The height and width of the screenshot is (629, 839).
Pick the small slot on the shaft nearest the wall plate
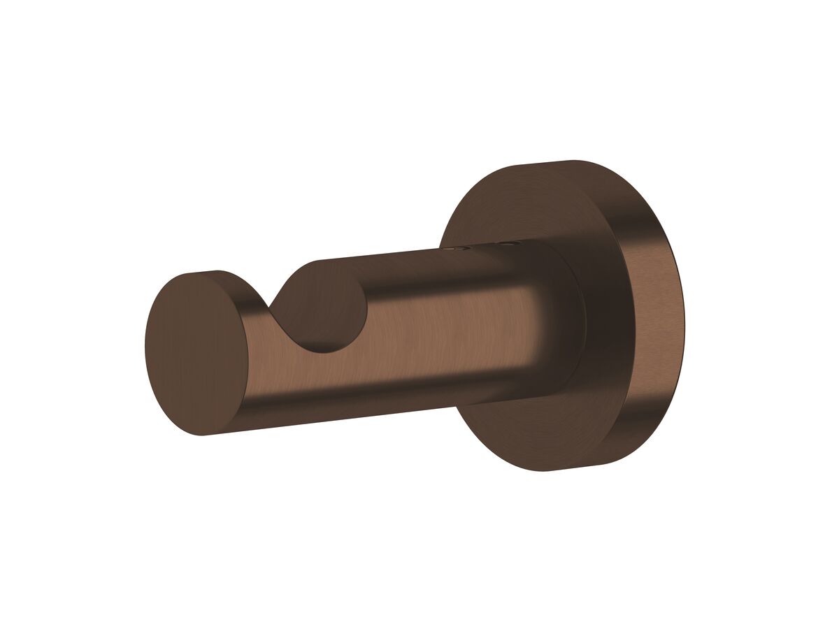click(x=505, y=244)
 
